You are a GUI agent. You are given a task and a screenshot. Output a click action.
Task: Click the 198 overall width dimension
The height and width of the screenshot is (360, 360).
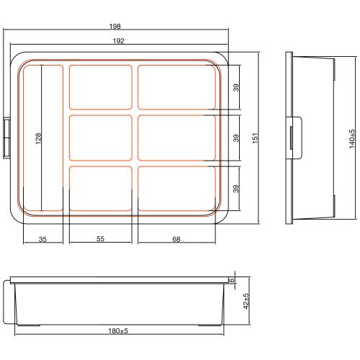(115, 27)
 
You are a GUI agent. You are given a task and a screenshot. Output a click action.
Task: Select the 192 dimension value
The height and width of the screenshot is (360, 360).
(117, 41)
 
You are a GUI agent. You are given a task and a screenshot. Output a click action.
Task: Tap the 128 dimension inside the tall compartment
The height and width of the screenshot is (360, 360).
(38, 137)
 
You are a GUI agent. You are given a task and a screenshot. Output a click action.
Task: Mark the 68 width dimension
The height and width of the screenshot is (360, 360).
(176, 239)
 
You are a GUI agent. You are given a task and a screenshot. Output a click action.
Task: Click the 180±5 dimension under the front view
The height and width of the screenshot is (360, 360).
(118, 331)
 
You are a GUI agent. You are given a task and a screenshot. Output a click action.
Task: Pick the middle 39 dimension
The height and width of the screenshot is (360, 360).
(235, 137)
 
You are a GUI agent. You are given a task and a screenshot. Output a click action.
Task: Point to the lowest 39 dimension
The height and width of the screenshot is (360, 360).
(235, 188)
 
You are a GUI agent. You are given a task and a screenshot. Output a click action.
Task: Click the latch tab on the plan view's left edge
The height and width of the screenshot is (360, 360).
(8, 136)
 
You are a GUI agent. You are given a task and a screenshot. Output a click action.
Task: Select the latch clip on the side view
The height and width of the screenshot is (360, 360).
(295, 137)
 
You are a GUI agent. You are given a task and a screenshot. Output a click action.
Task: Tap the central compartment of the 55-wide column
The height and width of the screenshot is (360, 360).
(100, 137)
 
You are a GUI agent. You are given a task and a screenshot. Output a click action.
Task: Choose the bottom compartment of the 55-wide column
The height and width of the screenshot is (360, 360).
(100, 187)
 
